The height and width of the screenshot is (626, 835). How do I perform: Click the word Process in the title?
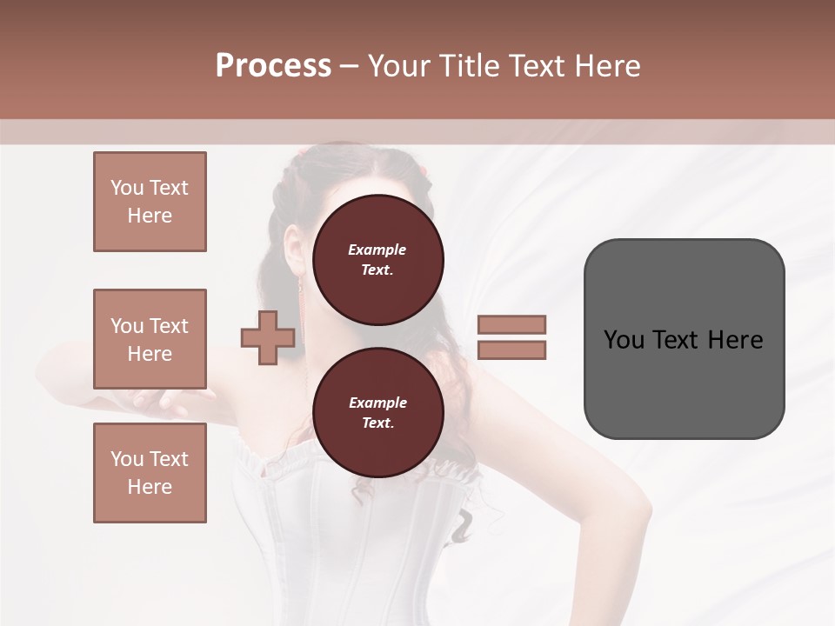pos(273,65)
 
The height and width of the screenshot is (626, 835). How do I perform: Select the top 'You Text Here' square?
pos(150,202)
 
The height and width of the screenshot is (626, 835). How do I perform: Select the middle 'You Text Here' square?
pos(150,339)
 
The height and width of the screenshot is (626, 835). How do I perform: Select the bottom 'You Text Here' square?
pos(150,472)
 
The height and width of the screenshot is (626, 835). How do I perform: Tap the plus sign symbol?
pos(268,337)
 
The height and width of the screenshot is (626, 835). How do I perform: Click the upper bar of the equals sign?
pos(512,324)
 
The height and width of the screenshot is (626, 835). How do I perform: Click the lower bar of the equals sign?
pos(512,350)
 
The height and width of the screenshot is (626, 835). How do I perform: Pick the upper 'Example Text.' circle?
pos(377,259)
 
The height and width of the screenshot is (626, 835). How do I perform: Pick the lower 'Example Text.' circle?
pos(377,412)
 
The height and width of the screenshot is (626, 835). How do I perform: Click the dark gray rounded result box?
pos(684,338)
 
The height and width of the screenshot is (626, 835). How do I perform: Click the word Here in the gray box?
pos(735,339)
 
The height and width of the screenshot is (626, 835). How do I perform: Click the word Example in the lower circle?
pos(377,403)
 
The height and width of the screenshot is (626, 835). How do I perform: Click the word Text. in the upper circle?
pos(377,270)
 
